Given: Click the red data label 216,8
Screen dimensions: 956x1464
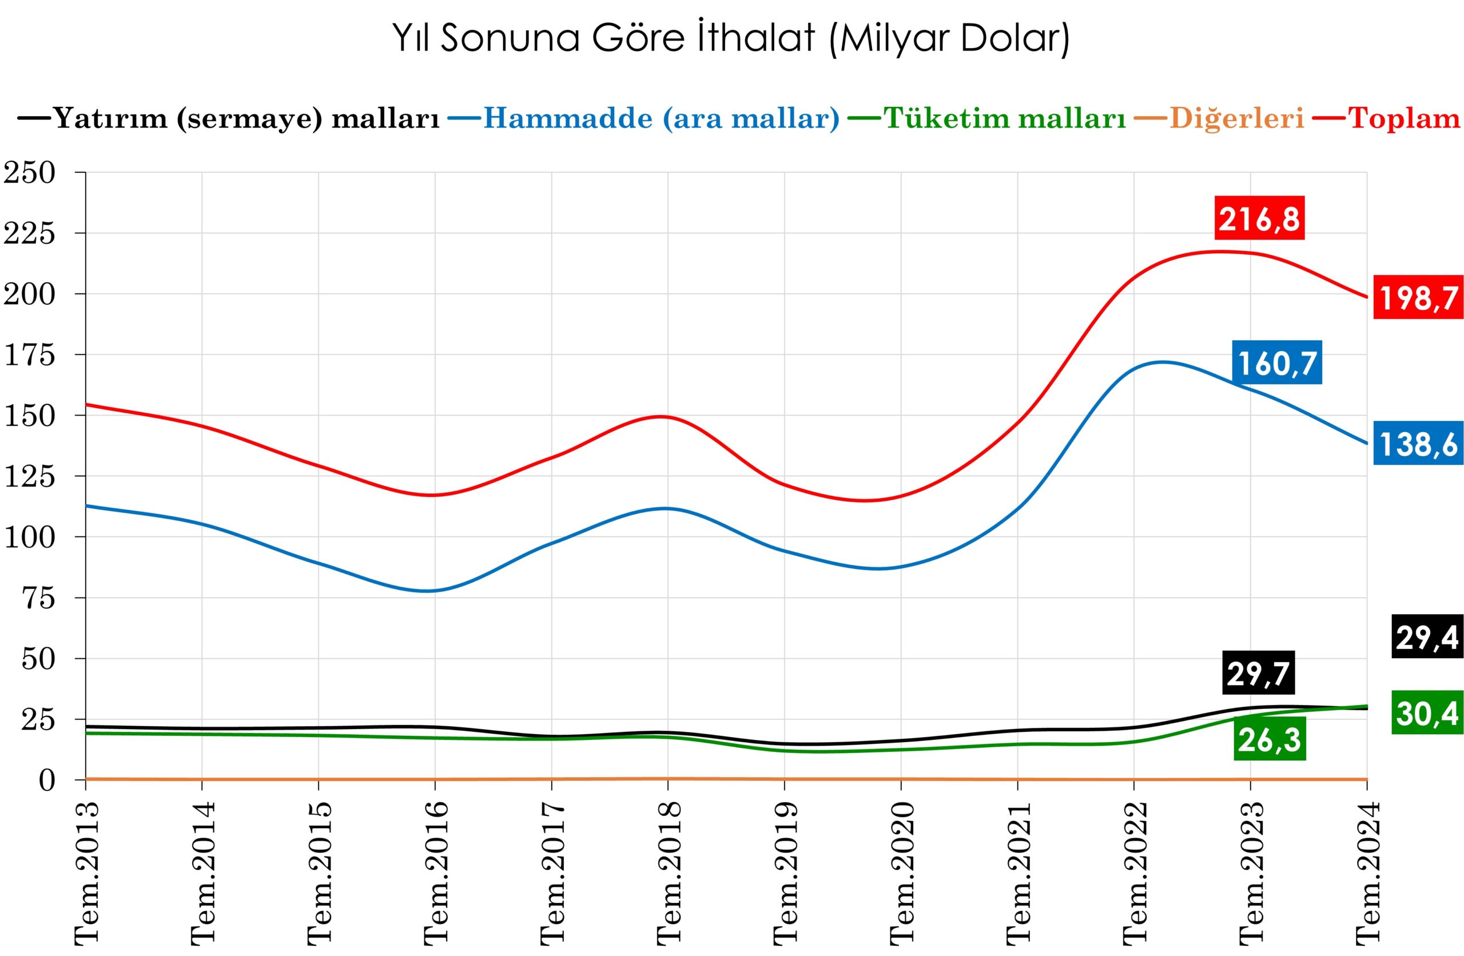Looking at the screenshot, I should tap(1260, 218).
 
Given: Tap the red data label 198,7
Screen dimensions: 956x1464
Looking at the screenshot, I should tap(1418, 298).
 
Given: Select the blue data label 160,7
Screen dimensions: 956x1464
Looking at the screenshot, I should tap(1277, 363).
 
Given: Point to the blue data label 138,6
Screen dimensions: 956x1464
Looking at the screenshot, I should tap(1418, 444).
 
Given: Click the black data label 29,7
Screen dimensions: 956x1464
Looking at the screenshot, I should tap(1258, 674).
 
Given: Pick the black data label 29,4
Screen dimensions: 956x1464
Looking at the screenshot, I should tap(1426, 638).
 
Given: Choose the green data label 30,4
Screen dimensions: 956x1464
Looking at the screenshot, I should tap(1426, 714).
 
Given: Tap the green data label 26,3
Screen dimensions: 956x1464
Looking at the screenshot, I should tap(1270, 740).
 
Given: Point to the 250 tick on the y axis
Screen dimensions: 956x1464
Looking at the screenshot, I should tap(30, 173).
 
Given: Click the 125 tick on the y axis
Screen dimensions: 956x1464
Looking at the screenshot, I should tap(30, 477).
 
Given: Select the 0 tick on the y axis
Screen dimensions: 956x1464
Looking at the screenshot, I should tap(47, 780).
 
